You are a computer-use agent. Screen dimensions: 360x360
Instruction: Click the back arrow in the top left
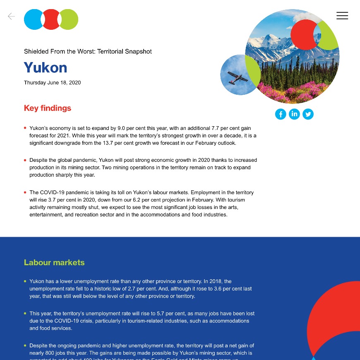coord(11,16)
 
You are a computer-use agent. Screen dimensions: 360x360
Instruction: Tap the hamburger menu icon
coord(342,16)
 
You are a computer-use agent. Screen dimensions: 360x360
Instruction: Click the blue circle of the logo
coord(32,19)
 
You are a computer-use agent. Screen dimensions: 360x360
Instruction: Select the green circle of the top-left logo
coord(70,19)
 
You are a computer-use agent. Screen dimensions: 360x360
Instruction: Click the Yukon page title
coord(46,67)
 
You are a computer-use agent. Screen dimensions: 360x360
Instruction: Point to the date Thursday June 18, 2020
coord(52,83)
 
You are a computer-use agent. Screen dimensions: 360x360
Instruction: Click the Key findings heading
coord(48,108)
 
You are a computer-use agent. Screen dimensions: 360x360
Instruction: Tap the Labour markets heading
coord(54,262)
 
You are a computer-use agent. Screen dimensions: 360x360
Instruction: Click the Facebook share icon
coord(281,114)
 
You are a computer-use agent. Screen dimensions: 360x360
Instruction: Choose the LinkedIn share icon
coord(294,114)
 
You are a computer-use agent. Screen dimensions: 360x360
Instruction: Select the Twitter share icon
coord(308,114)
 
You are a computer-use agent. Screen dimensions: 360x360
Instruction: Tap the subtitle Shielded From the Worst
coord(88,52)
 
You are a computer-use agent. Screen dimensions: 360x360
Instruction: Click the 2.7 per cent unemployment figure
coord(168,289)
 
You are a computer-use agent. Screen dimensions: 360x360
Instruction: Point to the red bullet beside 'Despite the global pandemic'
coord(25,160)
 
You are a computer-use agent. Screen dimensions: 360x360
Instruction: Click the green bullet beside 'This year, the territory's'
coord(25,313)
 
